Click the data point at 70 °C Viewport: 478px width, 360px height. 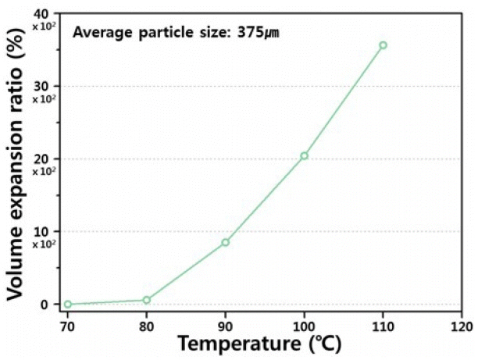(x=68, y=304)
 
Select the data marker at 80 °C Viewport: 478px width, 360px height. (x=146, y=300)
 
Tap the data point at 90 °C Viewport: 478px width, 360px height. (x=225, y=242)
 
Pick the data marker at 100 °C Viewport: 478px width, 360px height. (x=304, y=155)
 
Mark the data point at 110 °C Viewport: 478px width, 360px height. (x=383, y=45)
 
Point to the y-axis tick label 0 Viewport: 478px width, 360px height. (x=46, y=305)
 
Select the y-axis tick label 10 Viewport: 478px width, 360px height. (x=42, y=231)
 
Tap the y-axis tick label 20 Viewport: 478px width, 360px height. (x=42, y=159)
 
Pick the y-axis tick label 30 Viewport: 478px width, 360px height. (x=42, y=86)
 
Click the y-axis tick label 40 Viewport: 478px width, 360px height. (x=42, y=14)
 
